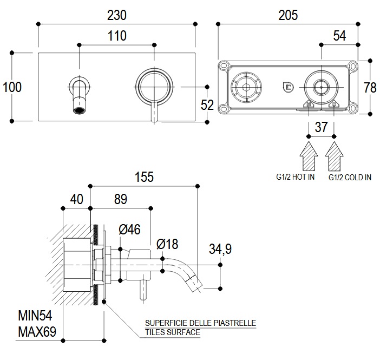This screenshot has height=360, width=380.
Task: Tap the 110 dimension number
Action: [116, 36]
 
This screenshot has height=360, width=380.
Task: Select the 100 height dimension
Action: [11, 87]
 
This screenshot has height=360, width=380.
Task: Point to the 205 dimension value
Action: [288, 15]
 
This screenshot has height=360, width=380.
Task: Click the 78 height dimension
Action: [371, 87]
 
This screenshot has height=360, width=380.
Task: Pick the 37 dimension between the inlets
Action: [322, 127]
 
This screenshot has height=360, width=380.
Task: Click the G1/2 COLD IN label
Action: [349, 177]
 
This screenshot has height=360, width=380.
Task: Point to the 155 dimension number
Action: [144, 176]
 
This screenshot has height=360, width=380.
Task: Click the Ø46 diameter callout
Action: [129, 230]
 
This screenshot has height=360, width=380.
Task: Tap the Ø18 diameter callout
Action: [167, 244]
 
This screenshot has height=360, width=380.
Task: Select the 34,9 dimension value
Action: [220, 249]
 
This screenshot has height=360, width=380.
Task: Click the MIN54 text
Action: [35, 315]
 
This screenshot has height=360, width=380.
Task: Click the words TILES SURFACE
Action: [172, 332]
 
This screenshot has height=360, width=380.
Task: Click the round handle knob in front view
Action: [155, 87]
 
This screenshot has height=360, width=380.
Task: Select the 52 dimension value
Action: [207, 104]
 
